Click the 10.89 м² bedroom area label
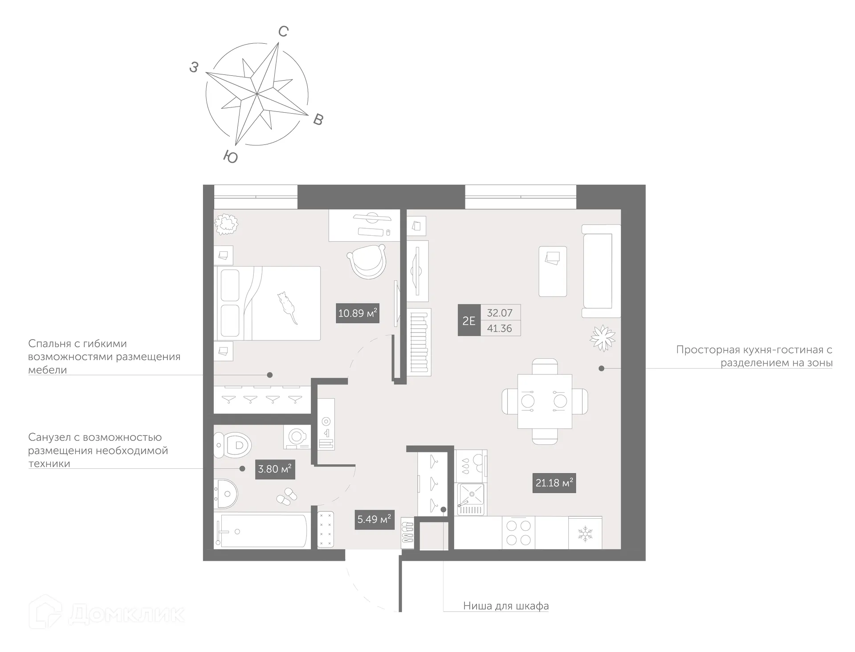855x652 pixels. tap(357, 313)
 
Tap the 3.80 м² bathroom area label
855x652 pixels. tap(275, 469)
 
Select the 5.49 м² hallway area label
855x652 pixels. tap(374, 519)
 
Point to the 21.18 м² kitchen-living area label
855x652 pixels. tap(554, 483)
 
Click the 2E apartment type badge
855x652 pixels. tap(469, 320)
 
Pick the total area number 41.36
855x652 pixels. tap(500, 328)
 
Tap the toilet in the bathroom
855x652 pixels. tap(232, 444)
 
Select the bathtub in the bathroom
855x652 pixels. tap(261, 531)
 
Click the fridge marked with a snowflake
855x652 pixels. tap(585, 533)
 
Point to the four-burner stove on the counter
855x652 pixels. tap(518, 533)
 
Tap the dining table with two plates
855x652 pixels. tap(545, 401)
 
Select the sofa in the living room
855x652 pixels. tap(601, 271)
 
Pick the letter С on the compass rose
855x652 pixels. tap(284, 32)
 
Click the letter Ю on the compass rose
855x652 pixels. tap(230, 157)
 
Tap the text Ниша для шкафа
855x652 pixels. tap(505, 606)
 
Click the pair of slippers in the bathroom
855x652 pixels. tap(287, 496)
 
